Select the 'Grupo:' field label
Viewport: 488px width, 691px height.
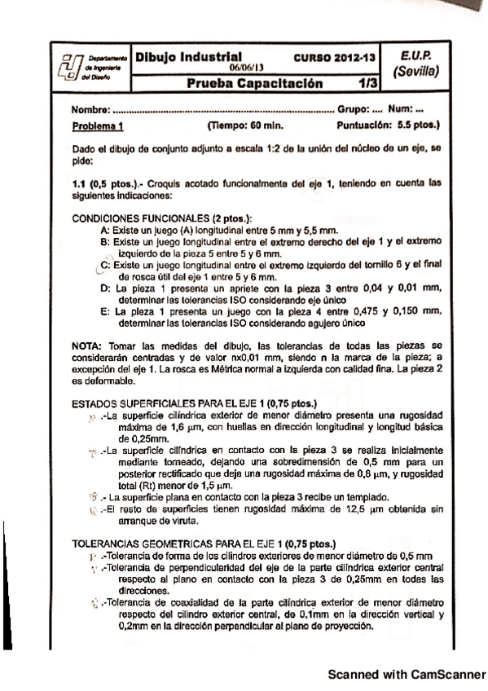coord(353,109)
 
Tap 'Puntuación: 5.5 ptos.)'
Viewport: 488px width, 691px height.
coord(388,125)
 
